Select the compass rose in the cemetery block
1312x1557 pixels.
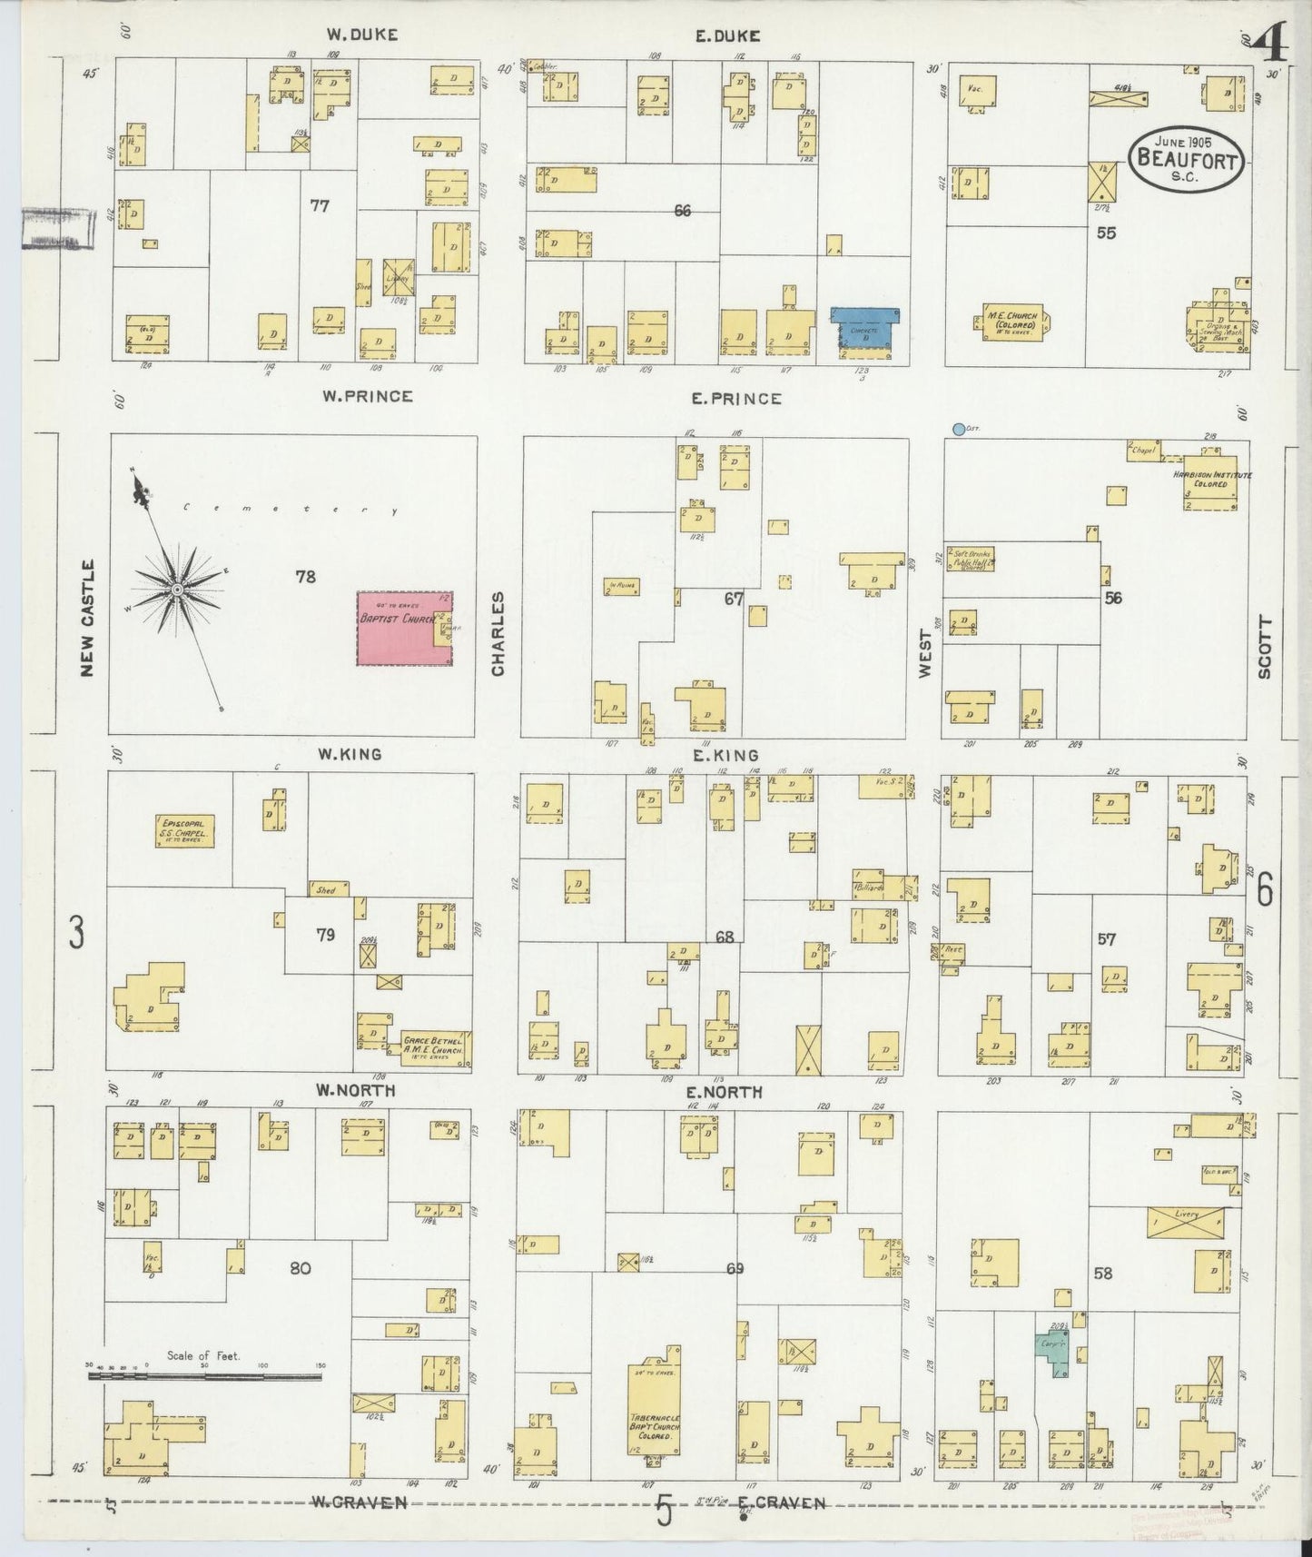(x=178, y=590)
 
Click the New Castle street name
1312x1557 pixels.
(x=87, y=618)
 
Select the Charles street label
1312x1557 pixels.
(x=498, y=633)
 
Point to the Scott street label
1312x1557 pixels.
(x=1265, y=647)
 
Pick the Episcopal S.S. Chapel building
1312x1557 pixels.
(x=183, y=831)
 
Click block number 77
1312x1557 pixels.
(x=319, y=206)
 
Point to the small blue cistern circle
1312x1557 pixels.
(x=958, y=429)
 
